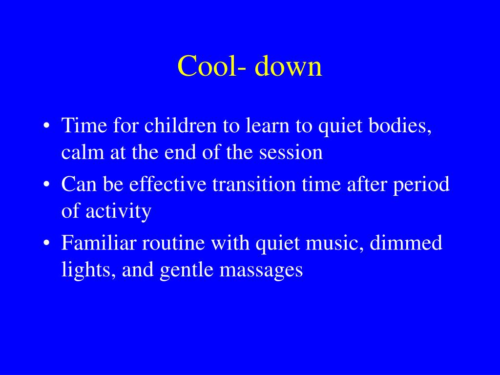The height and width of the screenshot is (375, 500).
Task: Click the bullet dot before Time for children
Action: [x=46, y=126]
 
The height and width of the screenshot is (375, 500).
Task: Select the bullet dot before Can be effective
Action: [x=46, y=185]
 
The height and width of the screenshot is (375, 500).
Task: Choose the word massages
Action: [x=261, y=270]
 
